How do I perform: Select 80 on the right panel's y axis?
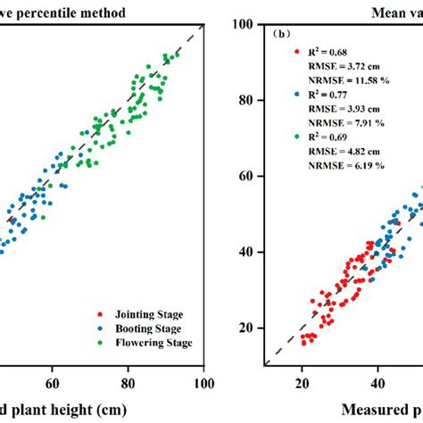tap(249, 100)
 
